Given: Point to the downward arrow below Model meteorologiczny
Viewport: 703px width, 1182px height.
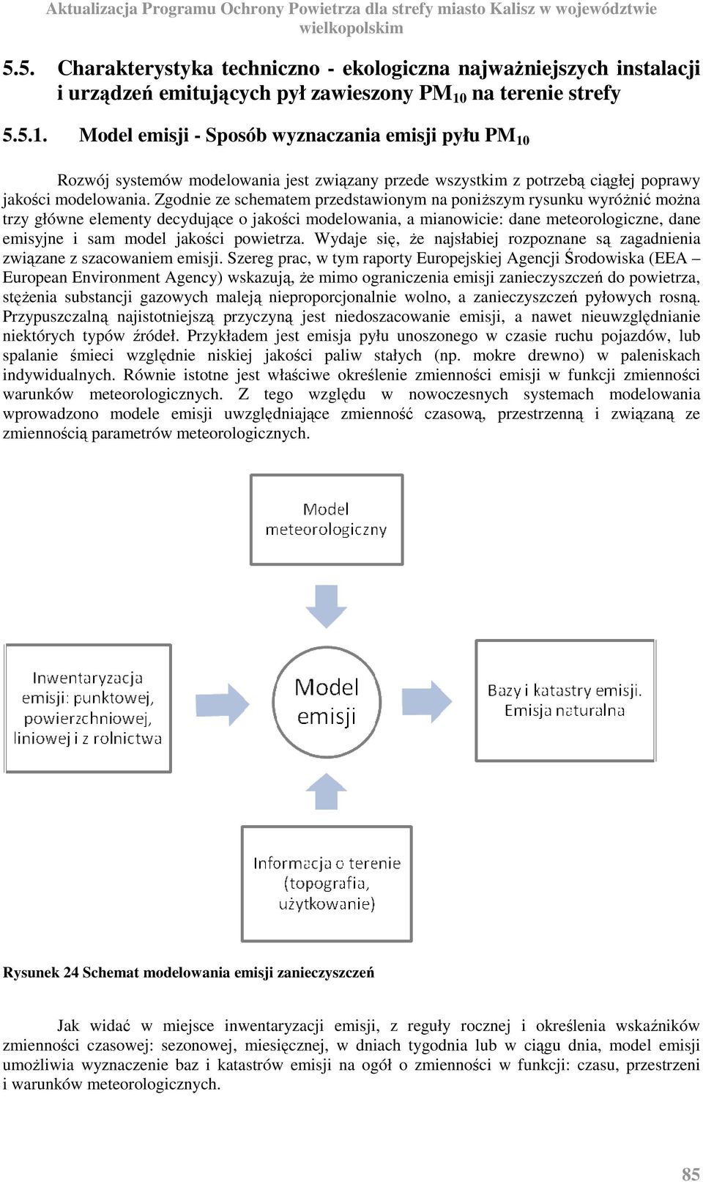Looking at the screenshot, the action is pos(327,606).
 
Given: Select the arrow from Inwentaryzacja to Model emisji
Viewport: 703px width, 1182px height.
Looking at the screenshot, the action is pos(222,704).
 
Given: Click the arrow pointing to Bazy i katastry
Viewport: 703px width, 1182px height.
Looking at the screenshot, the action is pos(427,701).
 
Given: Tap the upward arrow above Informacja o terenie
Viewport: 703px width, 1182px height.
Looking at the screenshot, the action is pos(327,791).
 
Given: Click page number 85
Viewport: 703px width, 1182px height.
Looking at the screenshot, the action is pos(691,1170).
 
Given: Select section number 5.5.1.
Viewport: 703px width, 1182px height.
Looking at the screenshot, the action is pos(26,136).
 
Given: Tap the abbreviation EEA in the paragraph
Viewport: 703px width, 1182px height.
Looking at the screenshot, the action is pos(670,259).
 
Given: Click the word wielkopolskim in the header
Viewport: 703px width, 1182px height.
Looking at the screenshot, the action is pos(351,28).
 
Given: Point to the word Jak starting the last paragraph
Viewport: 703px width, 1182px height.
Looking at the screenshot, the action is pos(68,1026).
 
